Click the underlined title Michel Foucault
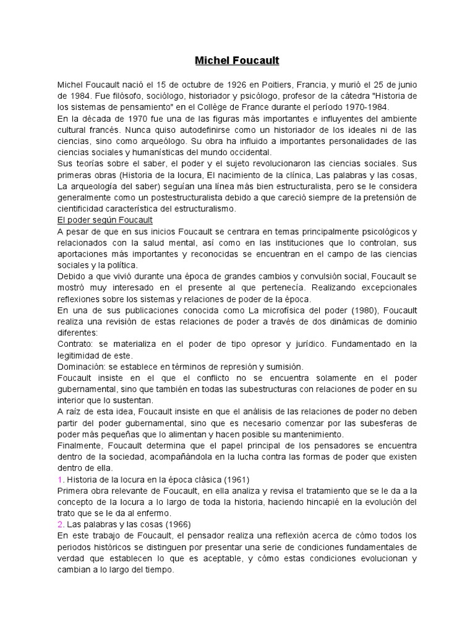click(237, 61)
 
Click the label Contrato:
click(74, 344)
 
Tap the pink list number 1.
click(59, 480)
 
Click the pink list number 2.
click(60, 525)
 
